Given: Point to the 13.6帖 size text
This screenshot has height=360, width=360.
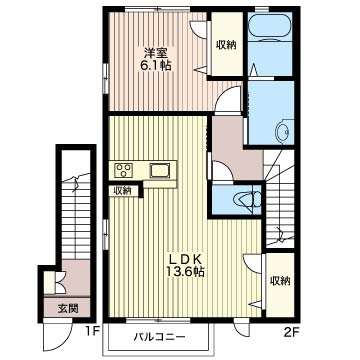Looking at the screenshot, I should click(186, 271).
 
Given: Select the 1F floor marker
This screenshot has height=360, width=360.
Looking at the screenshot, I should click(92, 330).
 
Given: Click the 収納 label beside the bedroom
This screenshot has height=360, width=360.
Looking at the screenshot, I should click(225, 44).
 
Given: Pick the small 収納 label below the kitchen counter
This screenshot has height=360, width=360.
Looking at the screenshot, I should click(122, 190).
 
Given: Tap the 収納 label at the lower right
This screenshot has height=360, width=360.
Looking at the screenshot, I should click(280, 281).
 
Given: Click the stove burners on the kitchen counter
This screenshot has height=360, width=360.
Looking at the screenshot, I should click(125, 169).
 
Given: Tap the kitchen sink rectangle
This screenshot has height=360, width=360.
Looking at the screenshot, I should click(160, 170).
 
